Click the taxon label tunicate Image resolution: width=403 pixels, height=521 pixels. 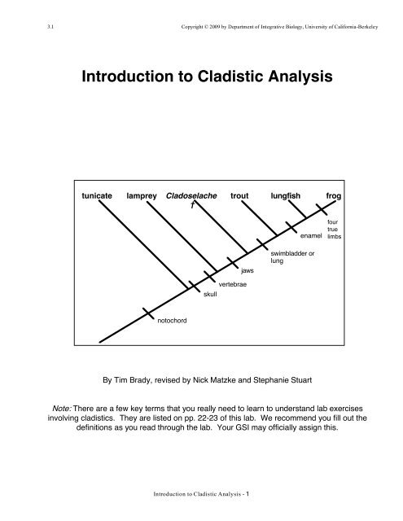tap(98, 197)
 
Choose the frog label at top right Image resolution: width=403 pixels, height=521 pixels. tap(334, 197)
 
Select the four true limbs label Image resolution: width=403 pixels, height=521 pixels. tap(333, 228)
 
